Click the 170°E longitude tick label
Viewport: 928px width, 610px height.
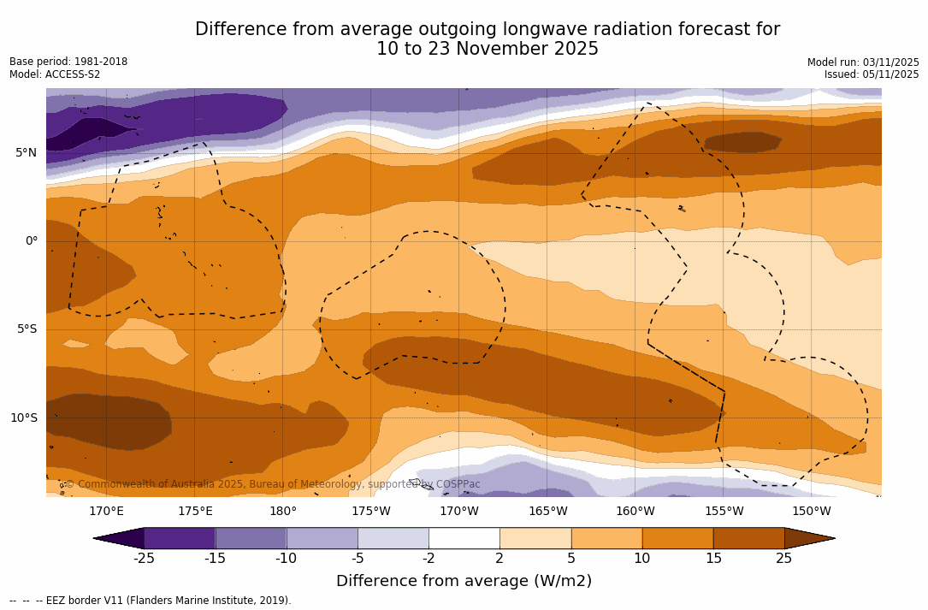click(107, 512)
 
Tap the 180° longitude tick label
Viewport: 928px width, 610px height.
click(283, 512)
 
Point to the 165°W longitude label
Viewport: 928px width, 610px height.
click(547, 512)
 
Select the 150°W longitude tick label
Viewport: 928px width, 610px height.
click(811, 512)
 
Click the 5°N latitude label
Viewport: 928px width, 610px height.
click(26, 153)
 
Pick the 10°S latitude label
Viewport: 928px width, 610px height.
click(23, 418)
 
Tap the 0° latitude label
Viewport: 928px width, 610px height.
click(31, 241)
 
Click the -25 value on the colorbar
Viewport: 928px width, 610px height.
click(144, 559)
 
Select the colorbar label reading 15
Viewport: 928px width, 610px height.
click(712, 559)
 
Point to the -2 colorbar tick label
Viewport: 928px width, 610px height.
click(429, 559)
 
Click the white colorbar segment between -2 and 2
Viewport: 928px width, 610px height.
click(464, 538)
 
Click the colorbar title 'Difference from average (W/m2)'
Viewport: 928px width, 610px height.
click(464, 582)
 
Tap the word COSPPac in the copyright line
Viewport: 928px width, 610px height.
click(458, 484)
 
